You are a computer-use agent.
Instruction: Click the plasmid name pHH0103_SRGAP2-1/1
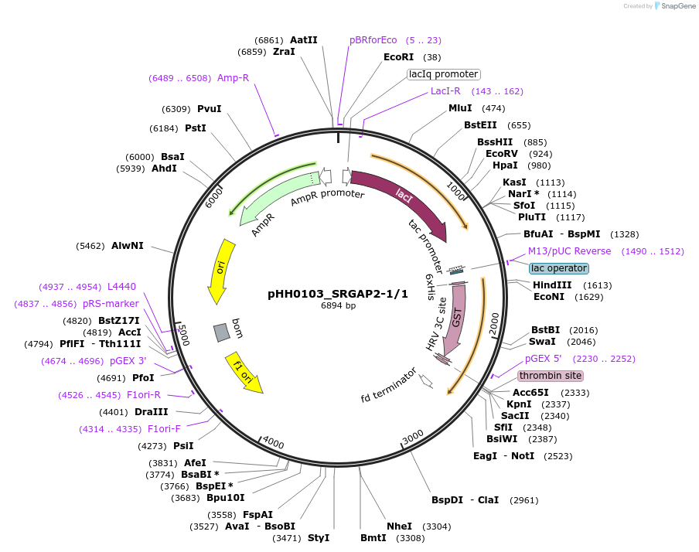point(337,294)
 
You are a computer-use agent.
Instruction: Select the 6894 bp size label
point(338,306)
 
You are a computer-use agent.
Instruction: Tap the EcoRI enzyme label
point(398,57)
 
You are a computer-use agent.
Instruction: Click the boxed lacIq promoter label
point(444,74)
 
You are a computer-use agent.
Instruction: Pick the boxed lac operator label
point(559,268)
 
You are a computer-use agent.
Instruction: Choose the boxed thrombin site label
point(550,376)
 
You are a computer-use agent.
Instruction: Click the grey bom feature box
point(222,332)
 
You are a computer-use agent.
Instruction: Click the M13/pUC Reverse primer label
point(569,251)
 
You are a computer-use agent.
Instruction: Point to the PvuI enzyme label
point(209,109)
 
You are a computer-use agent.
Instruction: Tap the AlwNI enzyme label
point(128,246)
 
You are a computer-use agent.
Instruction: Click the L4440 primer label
point(121,287)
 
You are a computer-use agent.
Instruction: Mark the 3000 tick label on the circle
point(413,437)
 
